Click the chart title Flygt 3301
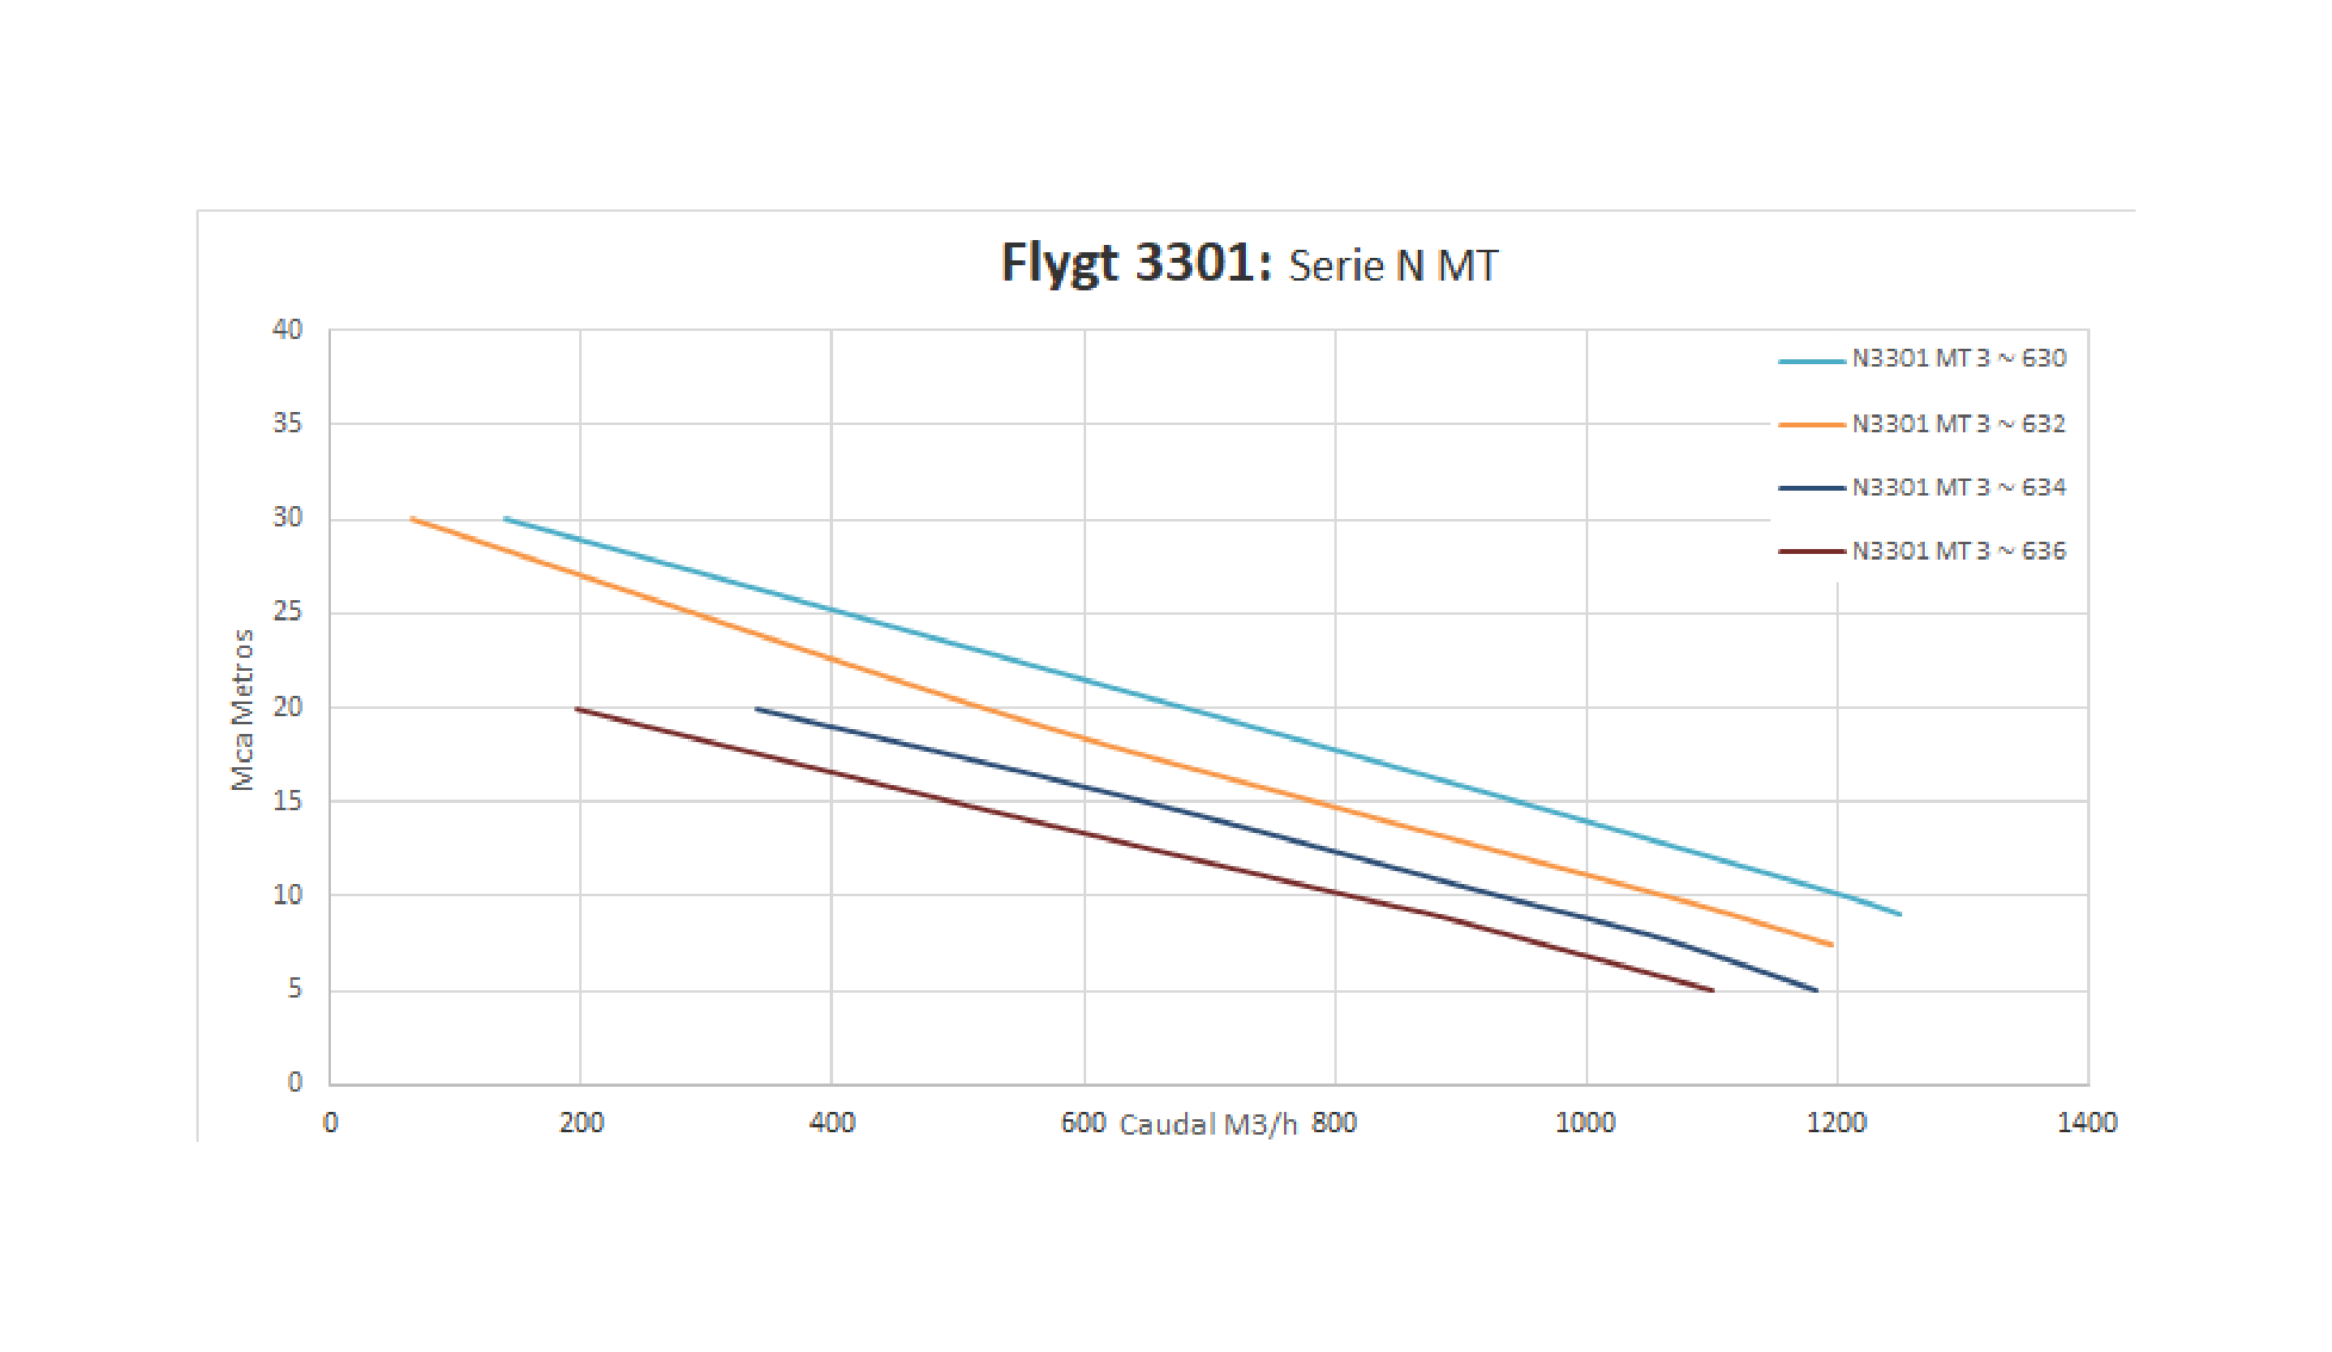1248,263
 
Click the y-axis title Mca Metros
243,710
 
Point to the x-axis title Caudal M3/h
1208,1124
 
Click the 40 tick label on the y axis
287,329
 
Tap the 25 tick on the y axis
287,612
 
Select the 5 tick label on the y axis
294,989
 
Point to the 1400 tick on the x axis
2087,1122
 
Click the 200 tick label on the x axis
581,1122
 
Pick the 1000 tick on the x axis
1585,1122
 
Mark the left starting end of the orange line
412,519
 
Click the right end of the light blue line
1900,914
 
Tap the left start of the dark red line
577,709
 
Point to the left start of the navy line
757,709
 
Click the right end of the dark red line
1713,991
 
